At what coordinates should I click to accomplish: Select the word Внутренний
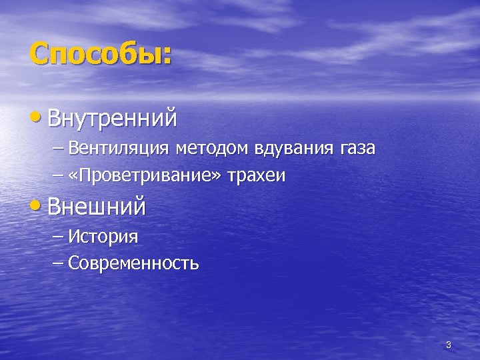(x=113, y=119)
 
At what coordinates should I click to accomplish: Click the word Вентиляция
(x=121, y=148)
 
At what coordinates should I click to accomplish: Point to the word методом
(x=212, y=148)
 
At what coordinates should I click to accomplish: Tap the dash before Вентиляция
(x=59, y=148)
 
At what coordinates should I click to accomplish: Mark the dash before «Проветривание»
(x=59, y=175)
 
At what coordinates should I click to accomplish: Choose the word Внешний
(x=97, y=207)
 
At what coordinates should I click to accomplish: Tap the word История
(x=103, y=236)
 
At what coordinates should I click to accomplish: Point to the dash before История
(x=59, y=236)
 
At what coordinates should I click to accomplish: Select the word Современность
(x=133, y=263)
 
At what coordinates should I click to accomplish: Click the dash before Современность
(x=59, y=263)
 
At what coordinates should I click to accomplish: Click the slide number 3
(x=448, y=345)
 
